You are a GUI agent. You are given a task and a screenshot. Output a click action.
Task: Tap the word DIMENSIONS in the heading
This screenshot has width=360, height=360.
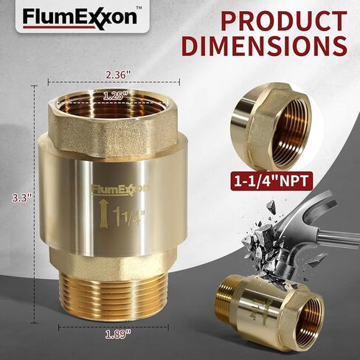tap(264, 46)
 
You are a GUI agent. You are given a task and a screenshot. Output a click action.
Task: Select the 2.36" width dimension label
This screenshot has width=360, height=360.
tap(118, 75)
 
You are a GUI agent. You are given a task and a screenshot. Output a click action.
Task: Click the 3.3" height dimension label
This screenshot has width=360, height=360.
tap(22, 198)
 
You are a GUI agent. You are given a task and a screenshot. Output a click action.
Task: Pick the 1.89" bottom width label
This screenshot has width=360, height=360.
tap(118, 335)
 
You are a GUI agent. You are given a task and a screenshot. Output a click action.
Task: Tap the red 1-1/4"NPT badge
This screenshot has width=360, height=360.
tap(272, 181)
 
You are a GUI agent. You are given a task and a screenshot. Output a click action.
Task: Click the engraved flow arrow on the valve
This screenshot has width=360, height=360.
tap(103, 214)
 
